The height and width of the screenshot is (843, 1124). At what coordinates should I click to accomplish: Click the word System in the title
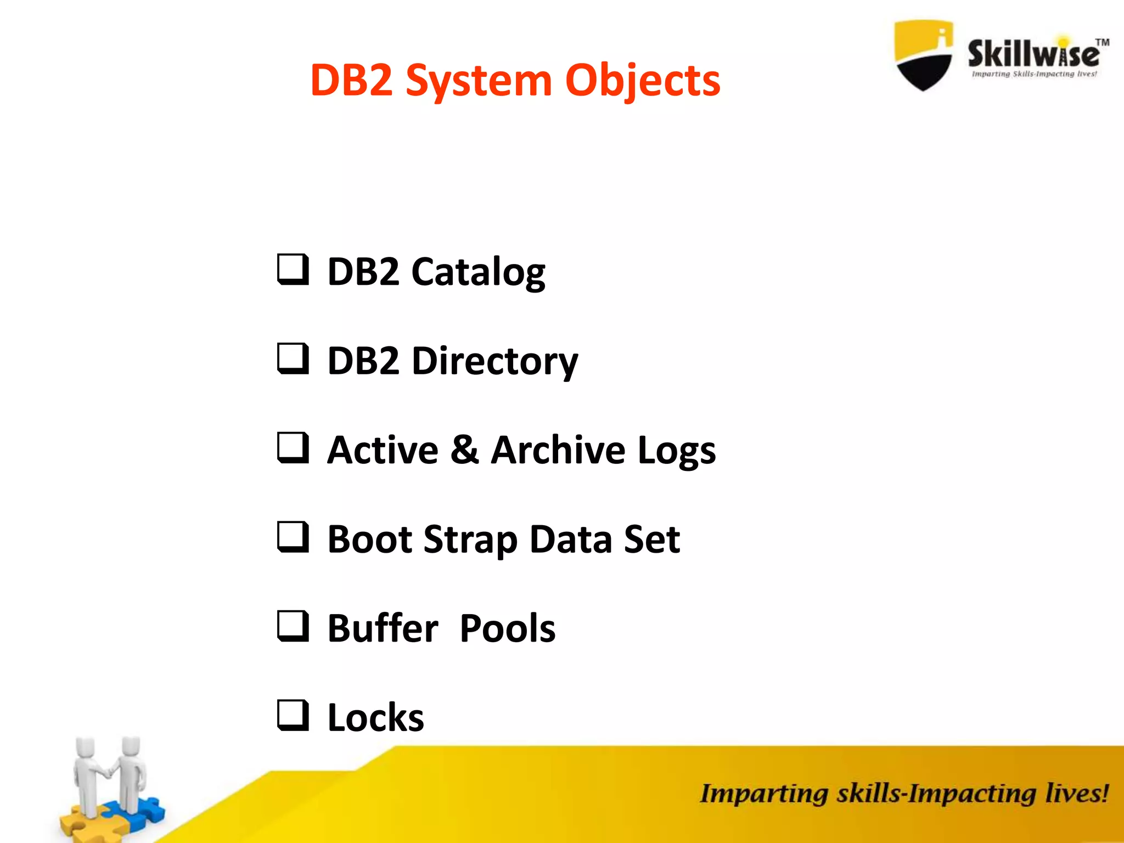pyautogui.click(x=478, y=81)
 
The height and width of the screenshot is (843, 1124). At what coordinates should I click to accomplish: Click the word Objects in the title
pyautogui.click(x=643, y=81)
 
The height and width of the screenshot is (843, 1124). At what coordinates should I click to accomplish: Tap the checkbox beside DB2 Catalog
pyautogui.click(x=293, y=269)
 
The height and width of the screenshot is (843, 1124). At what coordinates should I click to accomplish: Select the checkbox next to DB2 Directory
pyautogui.click(x=293, y=359)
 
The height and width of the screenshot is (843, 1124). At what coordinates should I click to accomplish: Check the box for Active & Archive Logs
pyautogui.click(x=293, y=448)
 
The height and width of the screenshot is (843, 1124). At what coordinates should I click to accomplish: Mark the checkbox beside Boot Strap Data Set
pyautogui.click(x=293, y=537)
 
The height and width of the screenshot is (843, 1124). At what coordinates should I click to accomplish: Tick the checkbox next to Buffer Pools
pyautogui.click(x=293, y=626)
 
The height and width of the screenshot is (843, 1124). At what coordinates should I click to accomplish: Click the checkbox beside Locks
pyautogui.click(x=293, y=716)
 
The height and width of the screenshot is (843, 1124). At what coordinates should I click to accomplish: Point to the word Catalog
pyautogui.click(x=478, y=272)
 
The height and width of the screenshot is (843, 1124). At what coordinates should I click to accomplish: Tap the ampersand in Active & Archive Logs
pyautogui.click(x=464, y=449)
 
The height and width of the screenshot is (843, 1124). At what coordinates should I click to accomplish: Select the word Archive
pyautogui.click(x=558, y=451)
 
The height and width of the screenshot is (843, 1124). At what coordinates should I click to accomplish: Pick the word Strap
pyautogui.click(x=470, y=540)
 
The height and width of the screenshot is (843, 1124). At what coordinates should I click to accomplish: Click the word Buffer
pyautogui.click(x=383, y=628)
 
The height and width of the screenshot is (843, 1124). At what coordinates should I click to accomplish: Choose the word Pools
pyautogui.click(x=507, y=628)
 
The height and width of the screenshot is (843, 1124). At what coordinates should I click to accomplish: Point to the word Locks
pyautogui.click(x=375, y=718)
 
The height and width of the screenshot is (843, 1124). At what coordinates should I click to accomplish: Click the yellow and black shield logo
pyautogui.click(x=924, y=55)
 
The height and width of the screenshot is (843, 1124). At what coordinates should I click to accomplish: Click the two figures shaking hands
pyautogui.click(x=110, y=779)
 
